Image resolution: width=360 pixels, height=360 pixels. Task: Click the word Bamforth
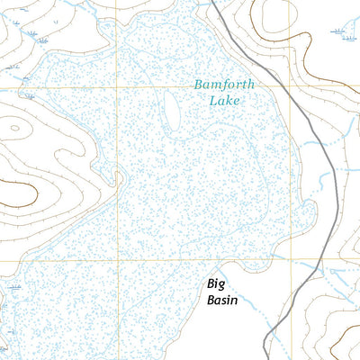click(224, 85)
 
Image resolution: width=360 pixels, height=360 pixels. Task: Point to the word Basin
click(221, 301)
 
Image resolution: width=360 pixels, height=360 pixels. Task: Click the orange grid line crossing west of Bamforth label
click(116, 86)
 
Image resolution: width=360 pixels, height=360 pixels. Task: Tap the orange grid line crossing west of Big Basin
click(116, 261)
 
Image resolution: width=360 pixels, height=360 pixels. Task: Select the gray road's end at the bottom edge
click(266, 357)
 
